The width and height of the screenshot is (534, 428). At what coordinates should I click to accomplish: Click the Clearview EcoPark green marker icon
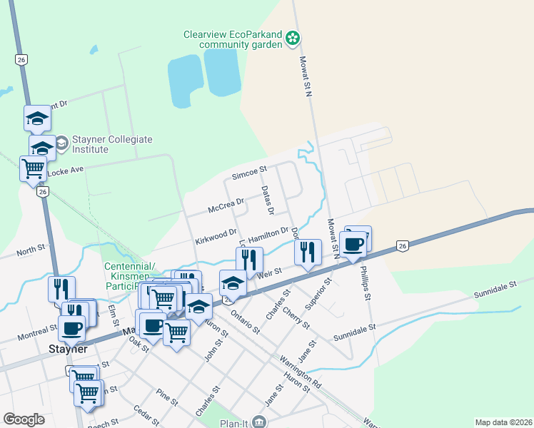click(293, 38)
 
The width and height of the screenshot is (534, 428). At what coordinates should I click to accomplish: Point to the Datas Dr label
click(268, 200)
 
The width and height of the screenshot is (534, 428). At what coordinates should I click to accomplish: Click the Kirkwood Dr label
click(216, 235)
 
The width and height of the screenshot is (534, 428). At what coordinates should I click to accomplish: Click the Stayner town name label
click(68, 350)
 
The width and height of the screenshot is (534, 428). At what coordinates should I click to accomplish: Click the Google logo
click(24, 419)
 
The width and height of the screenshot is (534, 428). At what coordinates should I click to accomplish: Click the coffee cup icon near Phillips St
click(353, 243)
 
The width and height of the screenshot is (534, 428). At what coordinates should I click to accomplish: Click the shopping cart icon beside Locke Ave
click(34, 169)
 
